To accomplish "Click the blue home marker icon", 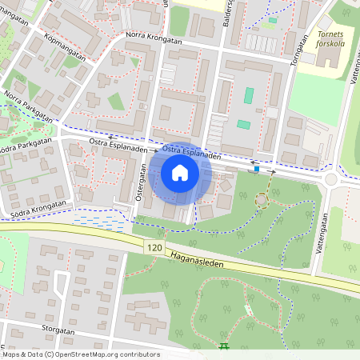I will pyautogui.click(x=179, y=173).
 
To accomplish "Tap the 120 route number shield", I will pyautogui.click(x=155, y=250).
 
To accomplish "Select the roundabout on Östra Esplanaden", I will pyautogui.click(x=330, y=179).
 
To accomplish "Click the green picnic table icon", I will pyautogui.click(x=223, y=346).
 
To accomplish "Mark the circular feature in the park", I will pyautogui.click(x=261, y=198).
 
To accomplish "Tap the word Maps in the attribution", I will pyautogui.click(x=12, y=354).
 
